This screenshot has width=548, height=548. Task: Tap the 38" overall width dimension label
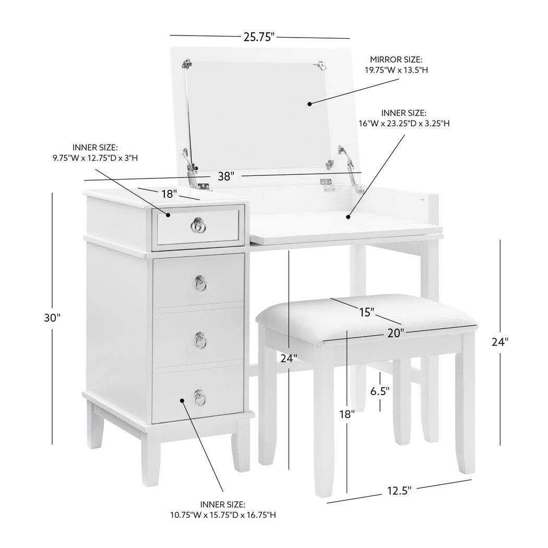coord(225,176)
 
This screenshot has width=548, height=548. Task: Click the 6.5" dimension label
coord(379,391)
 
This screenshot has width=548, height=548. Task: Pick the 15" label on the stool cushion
coord(366,312)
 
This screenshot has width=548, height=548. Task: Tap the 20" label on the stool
coord(396,333)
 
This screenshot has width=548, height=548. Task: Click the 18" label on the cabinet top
coord(169,194)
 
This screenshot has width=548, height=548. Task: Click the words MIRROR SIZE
coord(396,59)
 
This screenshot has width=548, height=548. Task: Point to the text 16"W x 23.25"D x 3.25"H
coord(404,123)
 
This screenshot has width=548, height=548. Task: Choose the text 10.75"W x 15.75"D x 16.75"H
coord(223,515)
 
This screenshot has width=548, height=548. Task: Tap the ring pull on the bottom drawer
coord(200,398)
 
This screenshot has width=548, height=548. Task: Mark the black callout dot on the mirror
coord(309,104)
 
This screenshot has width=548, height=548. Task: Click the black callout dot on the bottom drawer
coord(182,401)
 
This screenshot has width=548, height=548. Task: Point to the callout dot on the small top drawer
coord(168,215)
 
